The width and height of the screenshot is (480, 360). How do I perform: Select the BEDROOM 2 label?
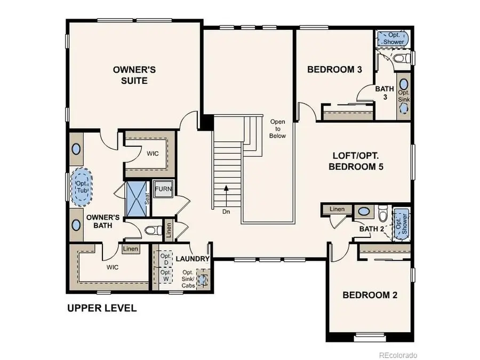370,295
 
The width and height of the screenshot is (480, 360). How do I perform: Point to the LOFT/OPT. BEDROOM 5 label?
358,161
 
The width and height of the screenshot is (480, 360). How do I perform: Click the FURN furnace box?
163,190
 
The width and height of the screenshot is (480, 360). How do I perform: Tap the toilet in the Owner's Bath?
153,230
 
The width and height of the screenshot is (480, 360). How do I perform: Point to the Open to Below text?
278,129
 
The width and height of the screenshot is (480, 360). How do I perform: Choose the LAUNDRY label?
192,259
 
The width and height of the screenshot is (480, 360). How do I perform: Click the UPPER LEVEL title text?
101,308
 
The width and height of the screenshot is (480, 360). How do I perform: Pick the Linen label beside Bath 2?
338,210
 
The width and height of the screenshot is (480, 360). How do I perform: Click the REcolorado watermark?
398,355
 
